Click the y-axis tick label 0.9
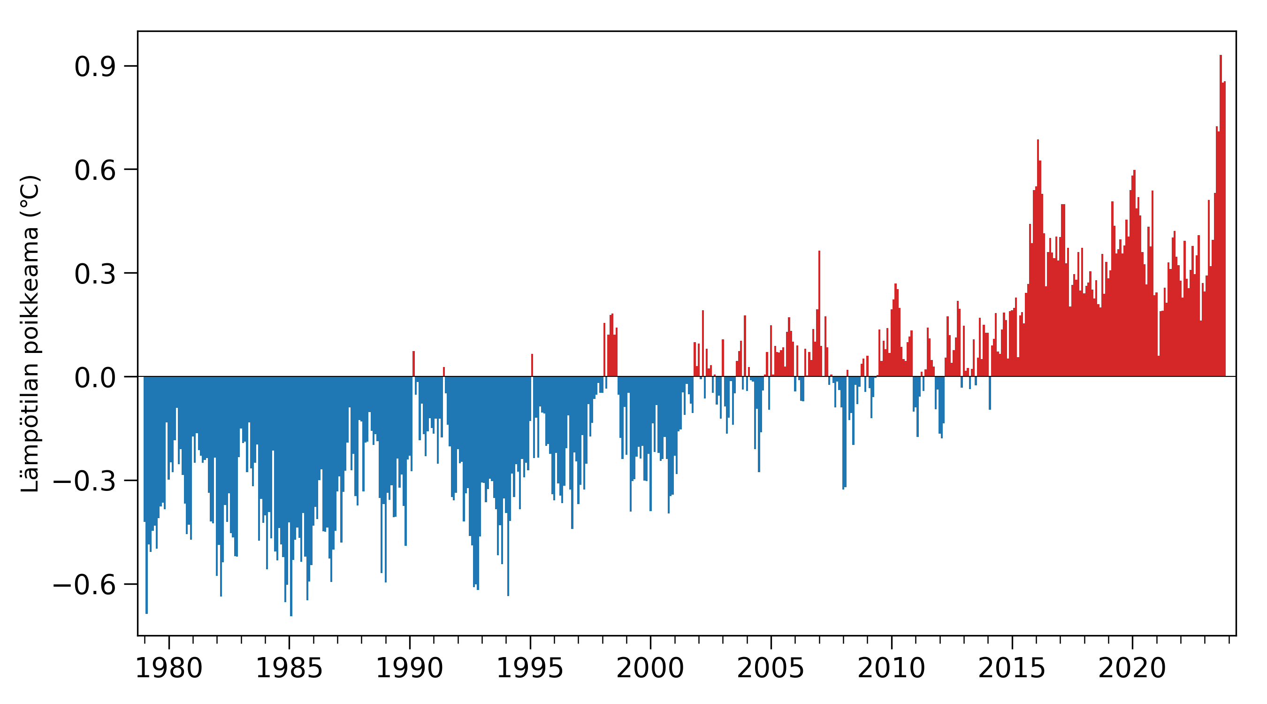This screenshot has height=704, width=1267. pyautogui.click(x=95, y=67)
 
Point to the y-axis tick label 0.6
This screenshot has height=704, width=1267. pyautogui.click(x=95, y=171)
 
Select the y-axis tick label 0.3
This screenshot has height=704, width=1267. pyautogui.click(x=95, y=275)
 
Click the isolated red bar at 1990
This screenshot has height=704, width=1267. pyautogui.click(x=413, y=364)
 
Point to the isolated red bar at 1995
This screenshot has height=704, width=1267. pyautogui.click(x=532, y=365)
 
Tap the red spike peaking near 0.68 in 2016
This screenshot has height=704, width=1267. pyautogui.click(x=1038, y=258)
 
